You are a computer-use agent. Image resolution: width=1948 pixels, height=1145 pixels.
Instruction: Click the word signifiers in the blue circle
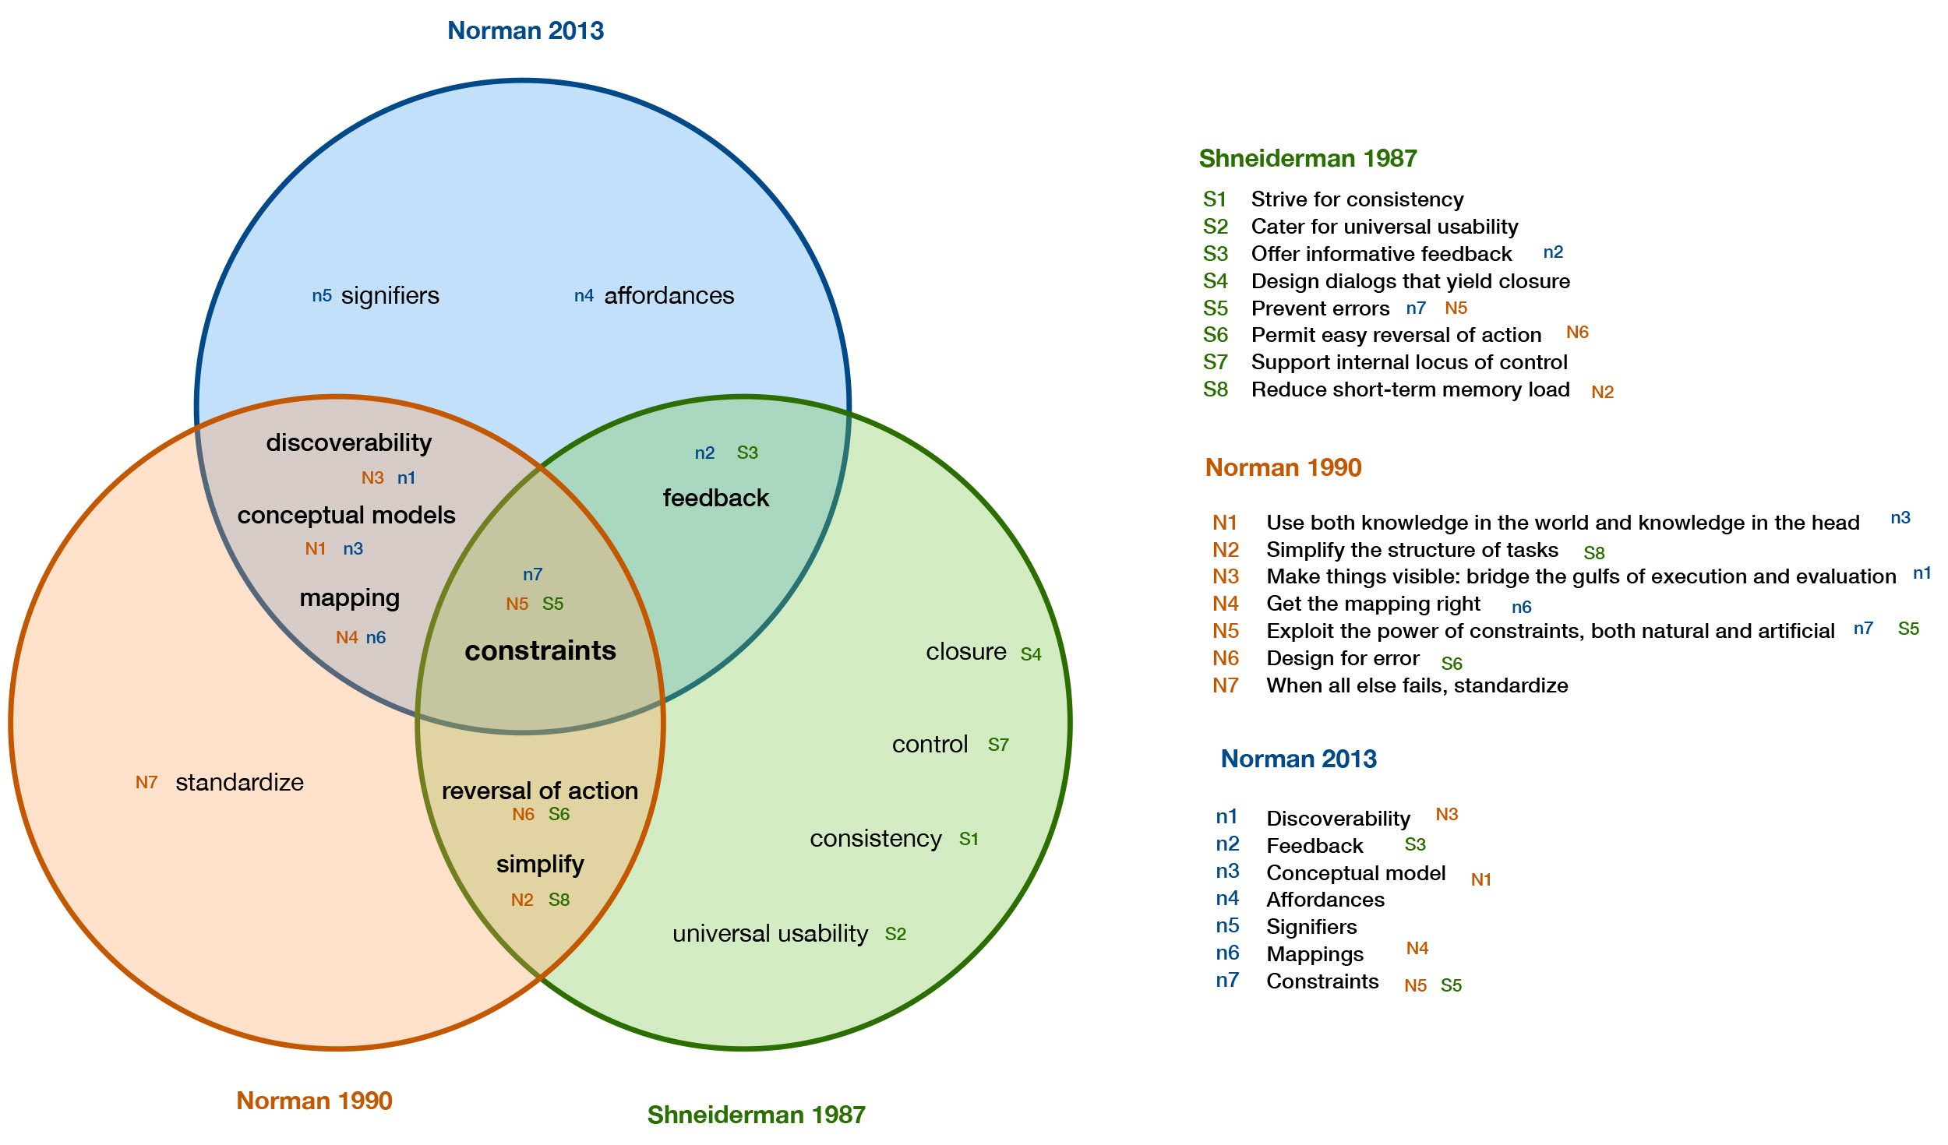point(390,296)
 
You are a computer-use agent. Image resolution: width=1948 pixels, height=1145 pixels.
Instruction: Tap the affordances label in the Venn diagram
point(669,296)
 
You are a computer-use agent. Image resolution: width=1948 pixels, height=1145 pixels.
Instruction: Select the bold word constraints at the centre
point(540,650)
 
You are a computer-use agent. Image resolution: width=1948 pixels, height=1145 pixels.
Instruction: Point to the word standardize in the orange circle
point(239,782)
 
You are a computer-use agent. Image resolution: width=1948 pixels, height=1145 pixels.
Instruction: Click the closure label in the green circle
point(965,651)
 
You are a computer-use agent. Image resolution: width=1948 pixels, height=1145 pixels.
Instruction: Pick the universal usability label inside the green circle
point(770,933)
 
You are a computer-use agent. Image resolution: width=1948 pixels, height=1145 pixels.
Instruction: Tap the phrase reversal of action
point(539,791)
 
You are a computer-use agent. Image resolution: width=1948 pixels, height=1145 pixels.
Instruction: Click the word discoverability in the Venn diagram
point(348,442)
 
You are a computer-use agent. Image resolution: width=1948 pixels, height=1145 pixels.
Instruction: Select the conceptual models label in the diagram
point(346,515)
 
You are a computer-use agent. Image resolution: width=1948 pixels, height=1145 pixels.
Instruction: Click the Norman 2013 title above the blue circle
point(525,30)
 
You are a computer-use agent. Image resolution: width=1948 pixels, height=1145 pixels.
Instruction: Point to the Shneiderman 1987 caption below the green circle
point(756,1115)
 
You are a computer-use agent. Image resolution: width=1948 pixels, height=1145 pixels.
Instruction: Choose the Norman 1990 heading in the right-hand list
point(1283,467)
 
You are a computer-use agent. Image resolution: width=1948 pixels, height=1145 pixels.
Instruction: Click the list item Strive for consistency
point(1357,199)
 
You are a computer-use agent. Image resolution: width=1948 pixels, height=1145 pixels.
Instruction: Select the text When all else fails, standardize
point(1417,685)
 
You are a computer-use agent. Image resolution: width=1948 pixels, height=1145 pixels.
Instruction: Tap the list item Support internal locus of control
point(1409,362)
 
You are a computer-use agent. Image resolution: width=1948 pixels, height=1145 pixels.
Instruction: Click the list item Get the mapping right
point(1373,604)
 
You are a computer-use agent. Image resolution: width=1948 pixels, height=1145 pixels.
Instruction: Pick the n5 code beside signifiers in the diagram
point(322,296)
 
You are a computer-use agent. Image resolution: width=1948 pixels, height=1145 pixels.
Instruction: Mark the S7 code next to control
point(998,745)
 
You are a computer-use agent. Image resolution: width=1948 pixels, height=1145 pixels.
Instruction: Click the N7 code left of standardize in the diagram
point(146,782)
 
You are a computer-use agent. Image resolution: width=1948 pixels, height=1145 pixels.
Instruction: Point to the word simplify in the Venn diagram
point(540,864)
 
